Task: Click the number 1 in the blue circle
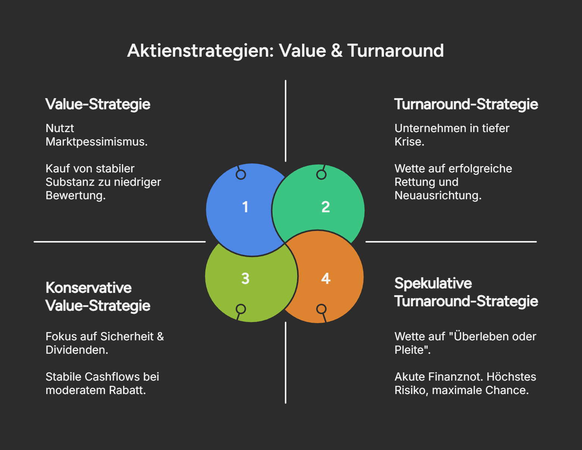(x=245, y=207)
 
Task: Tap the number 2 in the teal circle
(x=325, y=207)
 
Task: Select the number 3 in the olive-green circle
(x=245, y=279)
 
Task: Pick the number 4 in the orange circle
(x=325, y=279)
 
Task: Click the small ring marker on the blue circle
(x=241, y=175)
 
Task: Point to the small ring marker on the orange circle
(x=321, y=309)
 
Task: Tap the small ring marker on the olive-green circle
(x=241, y=309)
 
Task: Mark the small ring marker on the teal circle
(x=321, y=175)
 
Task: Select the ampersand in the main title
(x=336, y=51)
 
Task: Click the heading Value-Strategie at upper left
(x=98, y=104)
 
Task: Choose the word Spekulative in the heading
(x=433, y=284)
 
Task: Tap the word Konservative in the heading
(x=89, y=288)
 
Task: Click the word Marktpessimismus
(x=96, y=142)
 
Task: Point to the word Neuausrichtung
(x=438, y=196)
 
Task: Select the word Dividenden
(x=76, y=350)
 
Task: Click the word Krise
(x=409, y=142)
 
